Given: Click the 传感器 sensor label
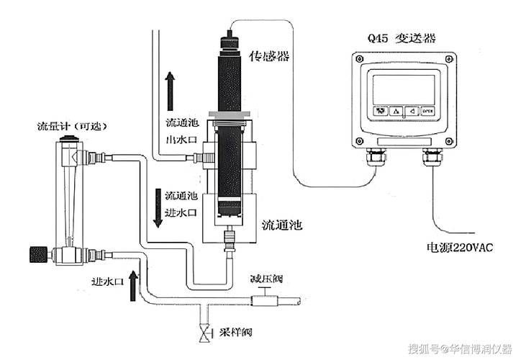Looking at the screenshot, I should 268,55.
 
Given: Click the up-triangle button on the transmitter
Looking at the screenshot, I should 395,111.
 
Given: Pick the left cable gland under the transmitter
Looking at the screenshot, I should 374,156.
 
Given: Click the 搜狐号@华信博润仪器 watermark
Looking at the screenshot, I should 460,349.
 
